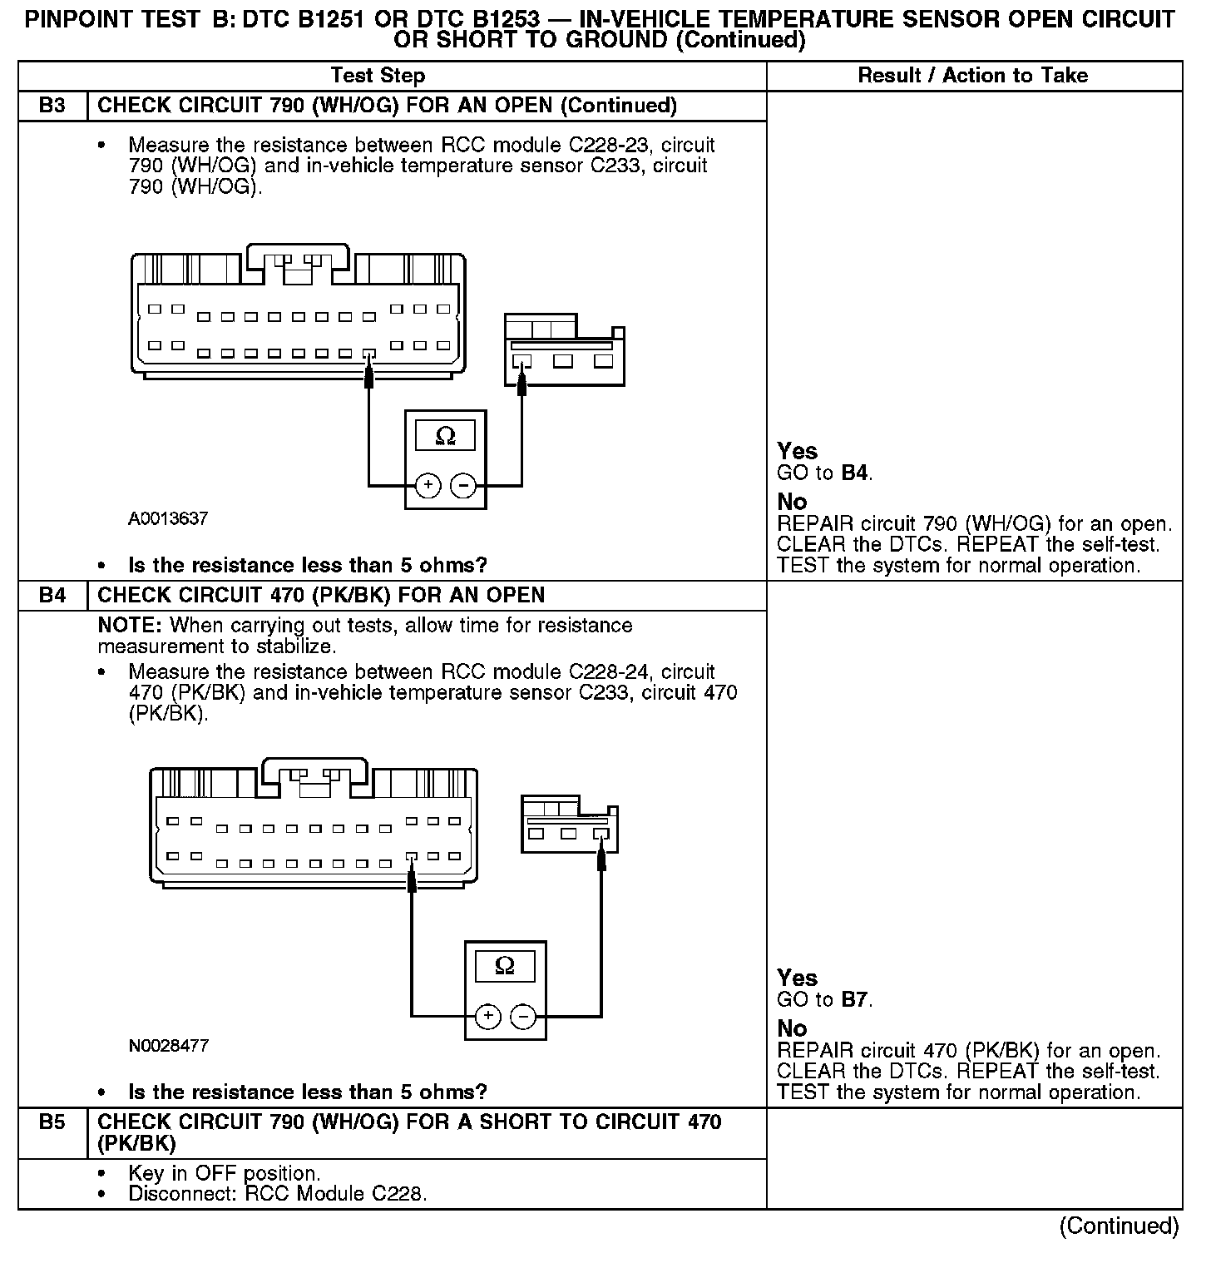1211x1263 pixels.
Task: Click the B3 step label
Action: pyautogui.click(x=52, y=106)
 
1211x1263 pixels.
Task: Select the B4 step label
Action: pyautogui.click(x=52, y=596)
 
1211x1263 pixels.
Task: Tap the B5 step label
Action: pyautogui.click(x=52, y=1122)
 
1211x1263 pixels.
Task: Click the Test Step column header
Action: pyautogui.click(x=378, y=76)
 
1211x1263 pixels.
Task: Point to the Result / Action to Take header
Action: pyautogui.click(x=972, y=76)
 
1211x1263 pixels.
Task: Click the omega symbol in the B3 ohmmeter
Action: pyautogui.click(x=445, y=436)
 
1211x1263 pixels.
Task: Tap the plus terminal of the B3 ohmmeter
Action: pyautogui.click(x=428, y=485)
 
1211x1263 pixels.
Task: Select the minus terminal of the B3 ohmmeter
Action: pyautogui.click(x=462, y=485)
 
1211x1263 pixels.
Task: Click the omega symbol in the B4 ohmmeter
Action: pyautogui.click(x=505, y=965)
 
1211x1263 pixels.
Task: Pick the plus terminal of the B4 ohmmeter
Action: pyautogui.click(x=488, y=1016)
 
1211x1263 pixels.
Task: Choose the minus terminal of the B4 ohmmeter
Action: pyautogui.click(x=522, y=1016)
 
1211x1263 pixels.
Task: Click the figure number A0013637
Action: pyautogui.click(x=168, y=519)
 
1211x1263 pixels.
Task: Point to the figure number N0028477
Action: pyautogui.click(x=168, y=1046)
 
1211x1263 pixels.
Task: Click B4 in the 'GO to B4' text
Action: pyautogui.click(x=856, y=473)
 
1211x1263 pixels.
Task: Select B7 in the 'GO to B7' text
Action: pyautogui.click(x=856, y=1000)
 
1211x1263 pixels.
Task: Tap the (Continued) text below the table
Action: pyautogui.click(x=1119, y=1226)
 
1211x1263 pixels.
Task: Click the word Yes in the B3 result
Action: pyautogui.click(x=798, y=452)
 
